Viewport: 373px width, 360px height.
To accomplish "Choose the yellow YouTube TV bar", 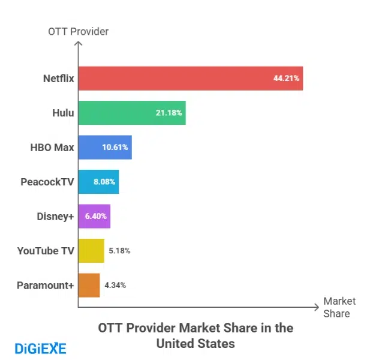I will pos(91,251).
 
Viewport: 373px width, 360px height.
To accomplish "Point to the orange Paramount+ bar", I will pos(89,285).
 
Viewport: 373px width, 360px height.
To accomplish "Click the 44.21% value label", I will pos(286,79).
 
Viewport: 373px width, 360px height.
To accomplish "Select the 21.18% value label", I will pos(169,113).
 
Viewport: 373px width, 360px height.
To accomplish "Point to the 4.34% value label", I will pos(115,285).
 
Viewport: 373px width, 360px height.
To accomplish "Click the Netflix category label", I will pos(58,79).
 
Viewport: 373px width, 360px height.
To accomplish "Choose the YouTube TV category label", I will pos(46,251).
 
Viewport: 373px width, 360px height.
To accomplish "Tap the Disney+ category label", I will pos(54,216).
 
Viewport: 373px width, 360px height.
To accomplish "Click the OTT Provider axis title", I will pos(78,31).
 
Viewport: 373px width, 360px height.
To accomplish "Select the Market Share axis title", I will pos(339,307).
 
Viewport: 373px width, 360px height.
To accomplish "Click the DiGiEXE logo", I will pos(40,348).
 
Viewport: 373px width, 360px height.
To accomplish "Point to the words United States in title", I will pos(195,344).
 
